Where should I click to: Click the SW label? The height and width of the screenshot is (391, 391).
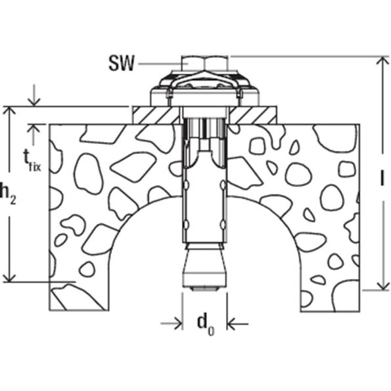click(122, 64)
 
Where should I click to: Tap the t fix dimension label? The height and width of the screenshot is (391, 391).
click(32, 161)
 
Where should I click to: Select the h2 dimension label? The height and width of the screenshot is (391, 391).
click(7, 193)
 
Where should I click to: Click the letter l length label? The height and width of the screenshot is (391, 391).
click(382, 177)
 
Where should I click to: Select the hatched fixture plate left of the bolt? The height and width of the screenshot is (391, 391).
click(156, 115)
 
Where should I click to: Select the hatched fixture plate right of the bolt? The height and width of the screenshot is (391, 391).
click(253, 115)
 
